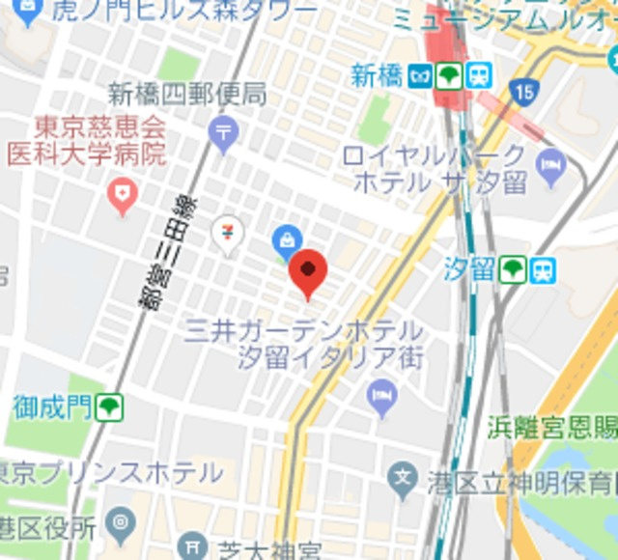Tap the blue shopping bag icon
(287, 238)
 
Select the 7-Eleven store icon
(228, 234)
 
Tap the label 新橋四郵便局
(187, 95)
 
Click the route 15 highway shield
(524, 93)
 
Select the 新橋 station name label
(377, 76)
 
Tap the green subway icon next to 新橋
(447, 75)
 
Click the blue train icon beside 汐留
(544, 269)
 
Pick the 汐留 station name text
(469, 269)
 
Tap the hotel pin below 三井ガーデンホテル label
(383, 394)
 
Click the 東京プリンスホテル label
(111, 473)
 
